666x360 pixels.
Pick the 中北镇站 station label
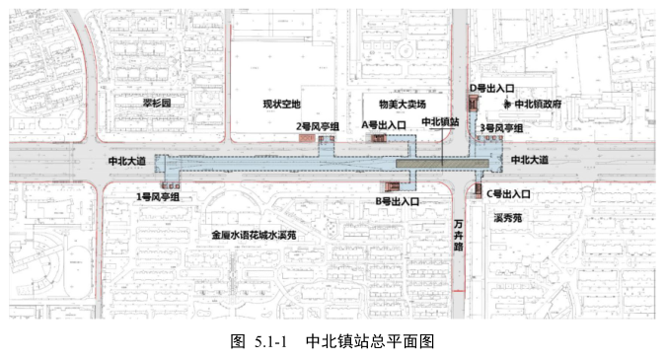pyautogui.click(x=440, y=121)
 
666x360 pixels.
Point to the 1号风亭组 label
pyautogui.click(x=158, y=197)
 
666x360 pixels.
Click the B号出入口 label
pyautogui.click(x=397, y=201)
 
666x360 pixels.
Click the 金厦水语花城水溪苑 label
pyautogui.click(x=254, y=236)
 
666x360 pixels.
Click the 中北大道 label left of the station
pyautogui.click(x=127, y=160)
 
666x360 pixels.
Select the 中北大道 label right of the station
pyautogui.click(x=530, y=159)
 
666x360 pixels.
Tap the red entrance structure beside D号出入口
pyautogui.click(x=473, y=101)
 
